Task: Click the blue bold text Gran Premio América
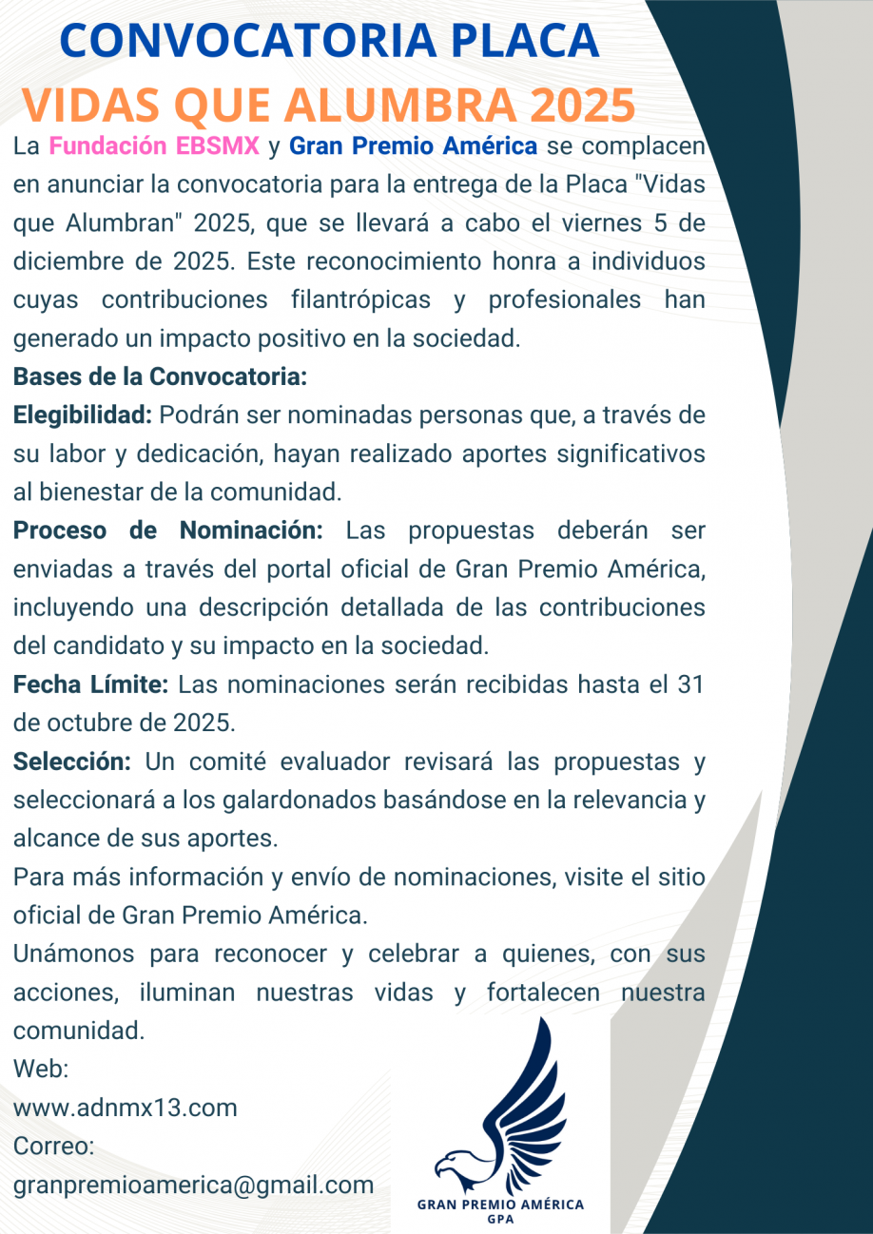pos(414,147)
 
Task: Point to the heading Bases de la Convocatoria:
pos(160,376)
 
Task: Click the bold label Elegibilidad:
pos(83,415)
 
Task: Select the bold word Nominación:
pos(252,530)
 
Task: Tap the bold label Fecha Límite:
pos(91,684)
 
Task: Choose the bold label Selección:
pos(72,762)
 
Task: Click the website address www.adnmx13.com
pos(126,1108)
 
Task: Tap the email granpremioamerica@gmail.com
pos(193,1186)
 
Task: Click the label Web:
pos(41,1069)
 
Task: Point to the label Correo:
pos(53,1147)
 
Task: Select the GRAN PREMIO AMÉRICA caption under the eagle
pos(500,1205)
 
